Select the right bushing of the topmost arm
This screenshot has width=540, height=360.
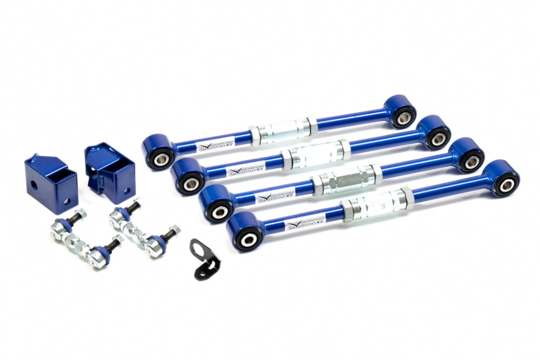coord(404,116)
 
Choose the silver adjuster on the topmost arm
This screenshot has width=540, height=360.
coord(283,131)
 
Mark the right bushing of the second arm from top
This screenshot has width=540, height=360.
coord(438,138)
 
